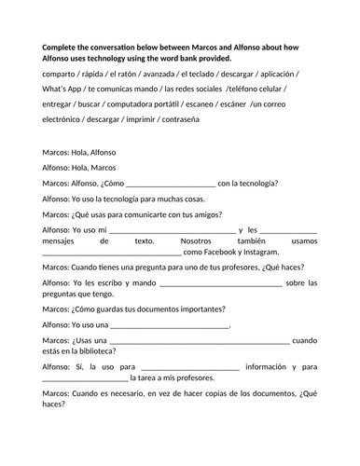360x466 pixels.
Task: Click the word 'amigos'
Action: tap(218, 212)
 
